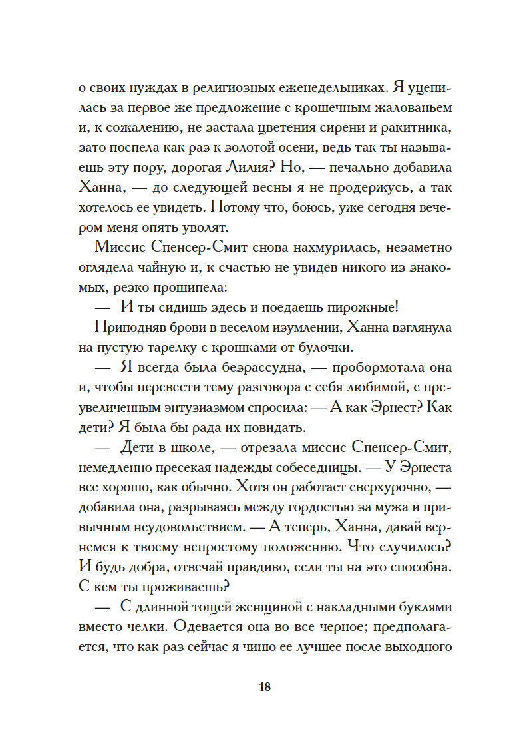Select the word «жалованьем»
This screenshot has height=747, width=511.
pos(412,108)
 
